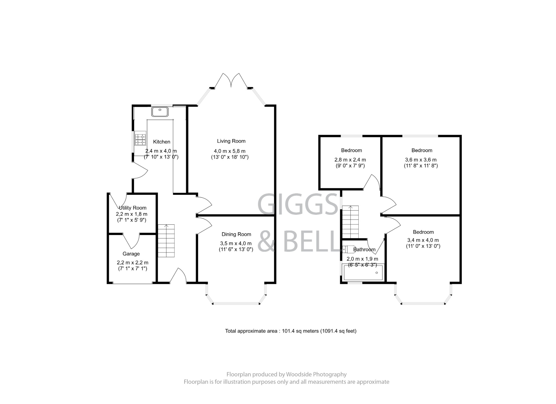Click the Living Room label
coord(231,141)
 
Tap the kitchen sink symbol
coord(160,112)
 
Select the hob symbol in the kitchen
coord(140,139)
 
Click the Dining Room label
coord(236,234)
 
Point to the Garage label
coord(131,254)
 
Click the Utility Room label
coord(132,208)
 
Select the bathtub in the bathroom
coord(363,273)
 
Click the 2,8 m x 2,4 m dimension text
coord(350,160)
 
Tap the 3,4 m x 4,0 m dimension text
coord(423,240)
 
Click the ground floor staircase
coord(166,241)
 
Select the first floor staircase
coord(350,222)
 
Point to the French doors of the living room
coord(231,80)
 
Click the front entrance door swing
coord(178,276)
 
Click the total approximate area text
coord(290,331)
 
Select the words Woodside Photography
coord(316,374)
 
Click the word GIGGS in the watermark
coord(297,204)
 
